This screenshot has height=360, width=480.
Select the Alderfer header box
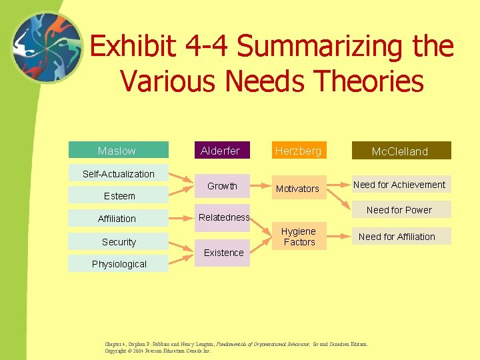[x=221, y=151]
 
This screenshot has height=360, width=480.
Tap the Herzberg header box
[x=298, y=151]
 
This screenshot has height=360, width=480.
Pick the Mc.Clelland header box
[x=400, y=151]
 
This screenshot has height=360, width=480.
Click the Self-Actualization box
[x=119, y=174]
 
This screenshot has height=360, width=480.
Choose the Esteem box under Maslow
[x=119, y=196]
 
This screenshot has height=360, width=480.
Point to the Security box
[x=119, y=242]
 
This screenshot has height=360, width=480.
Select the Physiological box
[x=119, y=264]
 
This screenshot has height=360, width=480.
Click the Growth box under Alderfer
[x=221, y=187]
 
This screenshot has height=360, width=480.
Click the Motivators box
[x=298, y=189]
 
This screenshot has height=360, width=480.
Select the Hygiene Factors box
[x=299, y=236]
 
